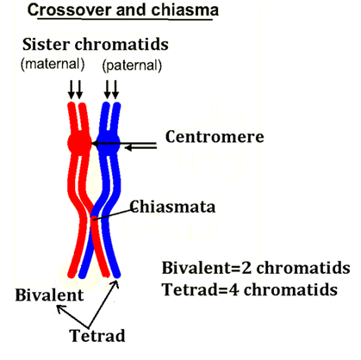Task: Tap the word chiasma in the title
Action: click(185, 10)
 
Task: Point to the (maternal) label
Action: click(53, 64)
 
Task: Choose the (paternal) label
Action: click(132, 65)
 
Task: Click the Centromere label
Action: click(215, 137)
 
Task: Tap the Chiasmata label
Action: click(172, 207)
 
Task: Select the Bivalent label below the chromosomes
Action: click(49, 295)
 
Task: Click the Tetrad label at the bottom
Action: click(97, 335)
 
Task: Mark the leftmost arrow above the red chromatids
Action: click(72, 90)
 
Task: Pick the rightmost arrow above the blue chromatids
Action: click(115, 90)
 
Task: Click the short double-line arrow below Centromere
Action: click(140, 147)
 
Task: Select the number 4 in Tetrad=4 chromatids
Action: click(234, 289)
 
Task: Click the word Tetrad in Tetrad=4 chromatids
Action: click(190, 289)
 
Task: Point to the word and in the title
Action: click(132, 10)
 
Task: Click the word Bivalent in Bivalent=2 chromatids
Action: click(196, 268)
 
